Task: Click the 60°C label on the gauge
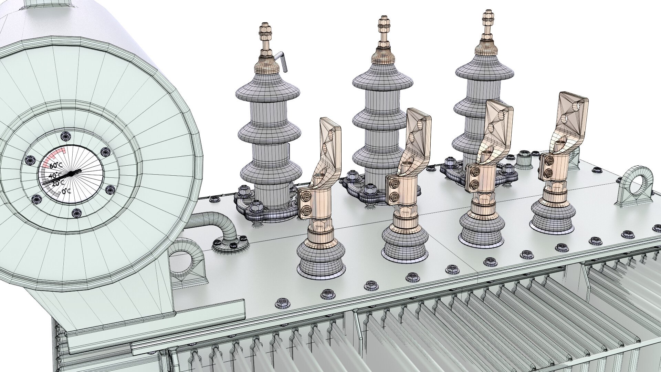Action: click(56, 166)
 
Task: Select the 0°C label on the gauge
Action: click(66, 191)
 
